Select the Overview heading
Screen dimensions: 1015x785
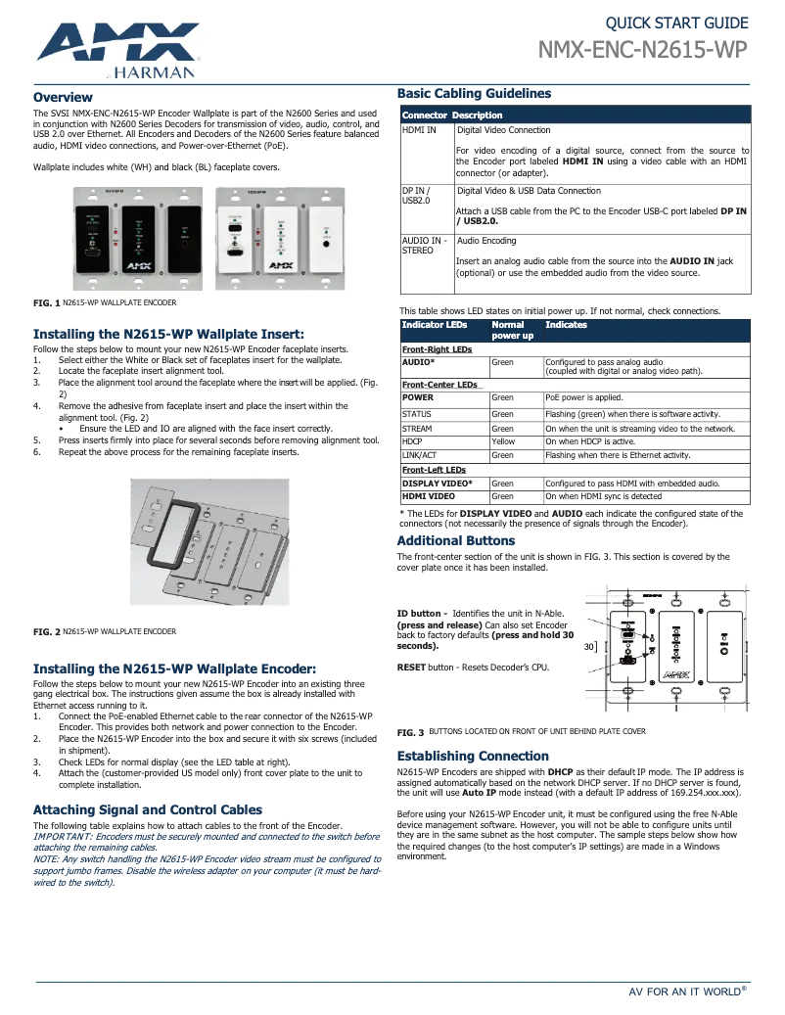[x=63, y=97]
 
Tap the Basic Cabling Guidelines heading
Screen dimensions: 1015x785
[x=474, y=93]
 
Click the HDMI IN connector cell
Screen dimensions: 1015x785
[x=419, y=129]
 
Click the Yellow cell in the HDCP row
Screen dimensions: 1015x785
[x=502, y=441]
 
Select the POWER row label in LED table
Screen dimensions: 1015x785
[x=418, y=398]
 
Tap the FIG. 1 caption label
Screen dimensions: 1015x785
[x=46, y=303]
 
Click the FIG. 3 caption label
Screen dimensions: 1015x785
[x=410, y=732]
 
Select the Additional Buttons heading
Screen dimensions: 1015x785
[x=455, y=540]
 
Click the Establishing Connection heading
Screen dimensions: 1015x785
[x=473, y=756]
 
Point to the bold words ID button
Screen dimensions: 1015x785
[x=418, y=614]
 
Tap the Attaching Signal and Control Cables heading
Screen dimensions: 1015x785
[x=148, y=809]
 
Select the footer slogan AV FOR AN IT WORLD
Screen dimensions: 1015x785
[x=683, y=992]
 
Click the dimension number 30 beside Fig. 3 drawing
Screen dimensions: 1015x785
[x=588, y=647]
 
